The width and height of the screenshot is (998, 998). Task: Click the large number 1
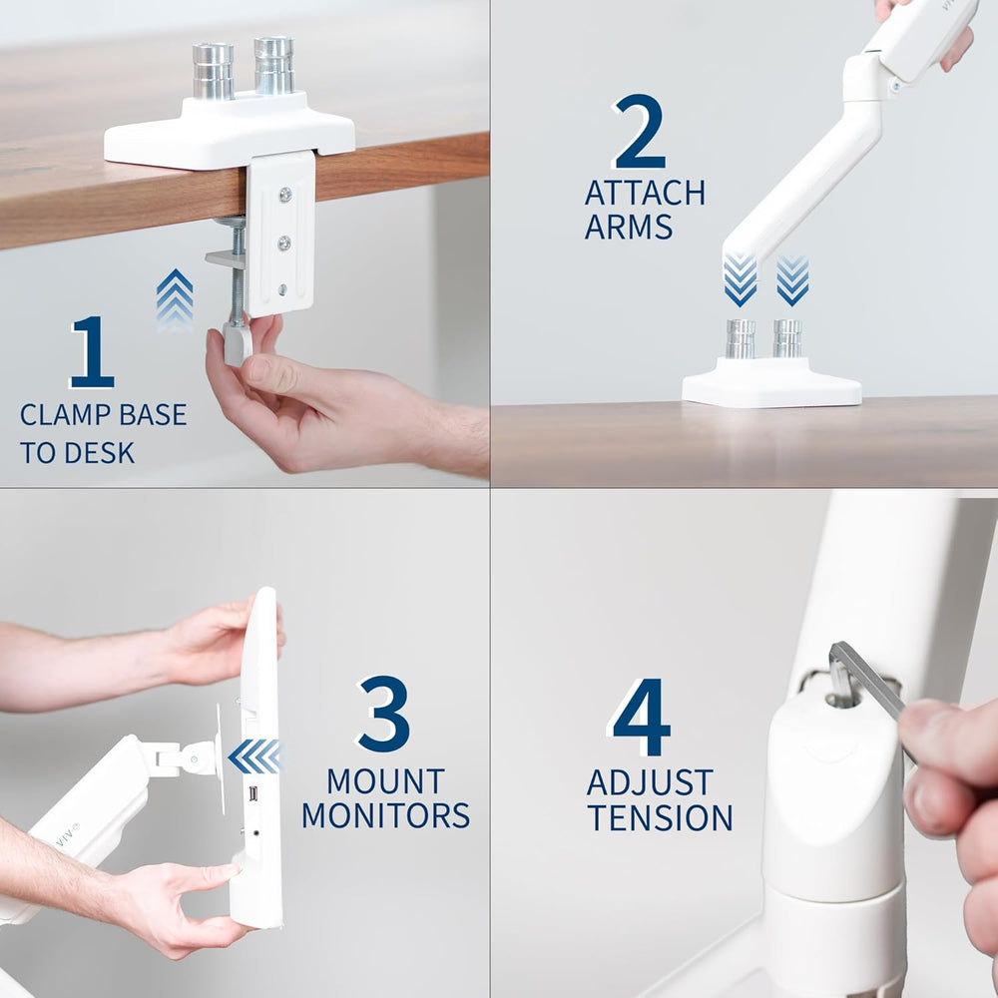[x=92, y=352]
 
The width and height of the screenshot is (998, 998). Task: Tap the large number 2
[x=640, y=132]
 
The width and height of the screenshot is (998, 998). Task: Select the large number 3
[x=384, y=715]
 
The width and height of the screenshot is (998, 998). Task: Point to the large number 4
[x=641, y=718]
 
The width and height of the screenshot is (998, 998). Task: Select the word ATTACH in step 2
[x=645, y=193]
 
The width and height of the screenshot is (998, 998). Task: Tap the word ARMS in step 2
[x=629, y=228]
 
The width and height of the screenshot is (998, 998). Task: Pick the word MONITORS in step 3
[x=385, y=815]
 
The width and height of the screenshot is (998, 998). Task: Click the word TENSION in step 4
[x=660, y=817]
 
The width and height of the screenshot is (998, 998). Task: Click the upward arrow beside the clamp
[x=175, y=299]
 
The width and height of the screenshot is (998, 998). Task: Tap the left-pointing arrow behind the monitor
[x=255, y=756]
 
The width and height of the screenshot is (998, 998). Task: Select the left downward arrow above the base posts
[x=740, y=279]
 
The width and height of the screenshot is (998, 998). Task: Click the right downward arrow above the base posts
[x=792, y=279]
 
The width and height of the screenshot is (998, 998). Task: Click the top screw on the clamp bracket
[x=284, y=196]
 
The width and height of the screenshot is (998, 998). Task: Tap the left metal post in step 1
[x=213, y=70]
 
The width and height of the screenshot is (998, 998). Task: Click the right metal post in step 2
[x=787, y=338]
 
